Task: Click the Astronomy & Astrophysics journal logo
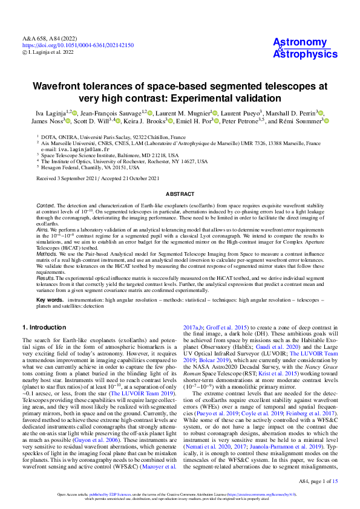(x=305, y=48)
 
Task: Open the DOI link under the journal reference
(x=78, y=45)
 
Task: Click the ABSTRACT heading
(x=180, y=193)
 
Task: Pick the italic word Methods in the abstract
(x=47, y=255)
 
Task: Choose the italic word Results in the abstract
(x=46, y=279)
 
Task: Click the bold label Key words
(x=50, y=300)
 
